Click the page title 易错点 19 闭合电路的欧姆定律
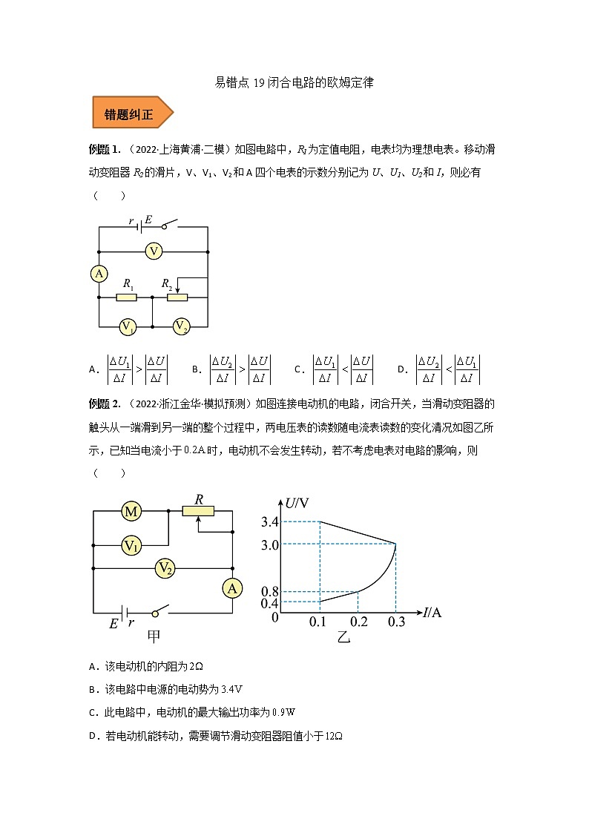pos(294,83)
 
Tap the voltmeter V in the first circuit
pos(154,251)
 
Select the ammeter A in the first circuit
pos(99,274)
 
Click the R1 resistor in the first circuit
pos(128,297)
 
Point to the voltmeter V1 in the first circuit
pos(128,326)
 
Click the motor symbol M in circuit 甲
pos(131,511)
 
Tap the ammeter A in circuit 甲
pos(232,588)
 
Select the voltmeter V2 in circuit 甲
pos(165,568)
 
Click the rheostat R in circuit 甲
pos(198,510)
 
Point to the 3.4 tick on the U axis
pos(269,522)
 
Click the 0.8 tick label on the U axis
pos(269,591)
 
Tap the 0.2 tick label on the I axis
pos(358,622)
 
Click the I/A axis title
pos(433,613)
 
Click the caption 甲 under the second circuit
pos(155,636)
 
